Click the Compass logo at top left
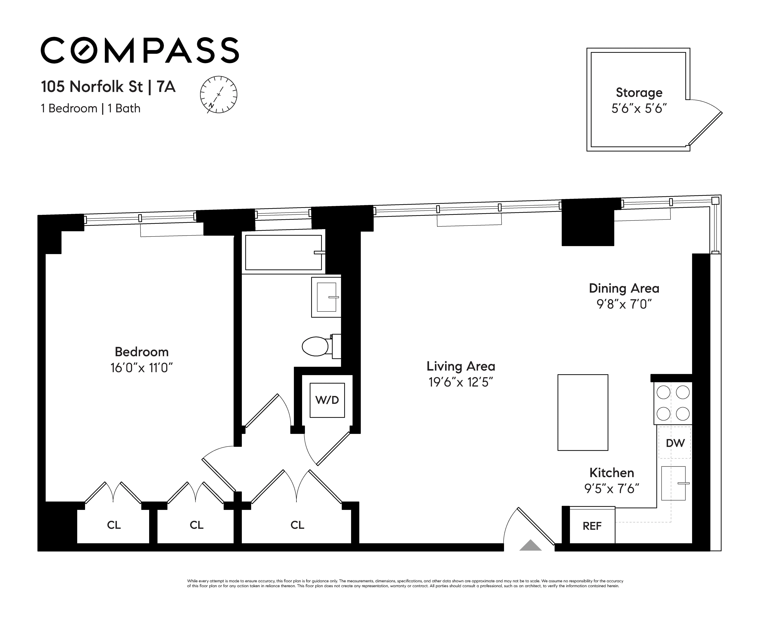pos(140,50)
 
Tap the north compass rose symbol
pos(219,95)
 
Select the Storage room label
pos(639,93)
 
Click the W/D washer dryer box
pos(327,400)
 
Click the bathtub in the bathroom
pos(283,252)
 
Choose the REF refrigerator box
pos(592,526)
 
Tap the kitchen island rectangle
pos(582,412)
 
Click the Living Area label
pos(461,366)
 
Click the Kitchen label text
pos(612,473)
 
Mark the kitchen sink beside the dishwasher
pos(673,483)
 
